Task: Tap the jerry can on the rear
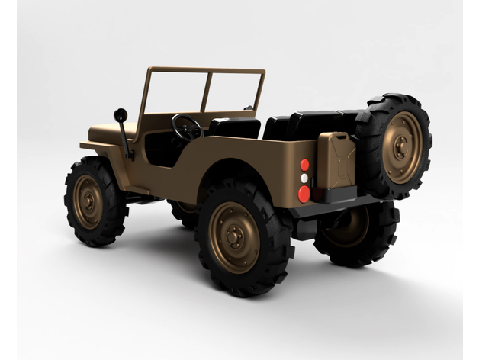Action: click(x=336, y=161)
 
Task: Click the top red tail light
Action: click(x=304, y=165)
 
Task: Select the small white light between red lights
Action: click(x=304, y=178)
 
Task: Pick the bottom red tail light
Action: click(x=304, y=193)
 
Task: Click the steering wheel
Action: click(x=187, y=127)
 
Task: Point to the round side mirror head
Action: click(x=121, y=115)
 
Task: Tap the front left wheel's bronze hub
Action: click(x=88, y=202)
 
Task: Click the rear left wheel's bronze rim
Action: click(x=234, y=237)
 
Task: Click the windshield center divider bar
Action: click(x=206, y=92)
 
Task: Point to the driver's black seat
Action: click(x=236, y=128)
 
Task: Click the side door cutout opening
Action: click(x=162, y=149)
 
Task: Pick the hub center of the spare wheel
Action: click(x=401, y=147)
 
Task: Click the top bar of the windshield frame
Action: click(x=206, y=70)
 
